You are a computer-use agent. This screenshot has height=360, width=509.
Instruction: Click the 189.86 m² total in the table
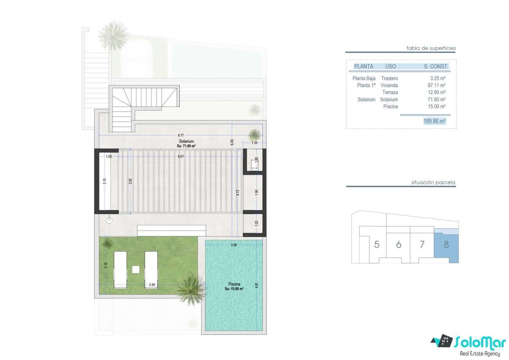point(434,121)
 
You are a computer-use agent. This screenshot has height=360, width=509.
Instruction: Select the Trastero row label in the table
point(389,78)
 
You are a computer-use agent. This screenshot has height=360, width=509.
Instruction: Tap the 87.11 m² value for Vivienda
point(437,85)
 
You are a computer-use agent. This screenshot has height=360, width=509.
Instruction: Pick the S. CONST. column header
point(436,67)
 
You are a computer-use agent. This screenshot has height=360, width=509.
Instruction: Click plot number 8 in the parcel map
point(446,245)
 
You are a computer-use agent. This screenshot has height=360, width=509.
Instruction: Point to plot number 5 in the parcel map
point(377,245)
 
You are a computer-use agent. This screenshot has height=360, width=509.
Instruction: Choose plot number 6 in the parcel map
point(399,245)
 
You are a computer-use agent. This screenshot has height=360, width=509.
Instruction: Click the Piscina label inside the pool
point(234,284)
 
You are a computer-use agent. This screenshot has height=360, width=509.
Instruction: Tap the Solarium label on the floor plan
point(186,141)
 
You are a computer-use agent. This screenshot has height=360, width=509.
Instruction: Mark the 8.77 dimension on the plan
point(181,135)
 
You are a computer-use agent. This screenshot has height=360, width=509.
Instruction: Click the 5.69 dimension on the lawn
point(152,284)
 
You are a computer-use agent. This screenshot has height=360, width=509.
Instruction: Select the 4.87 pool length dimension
point(256,285)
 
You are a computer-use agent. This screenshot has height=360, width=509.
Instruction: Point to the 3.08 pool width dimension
point(234,245)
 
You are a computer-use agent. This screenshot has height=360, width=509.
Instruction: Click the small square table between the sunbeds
point(135,269)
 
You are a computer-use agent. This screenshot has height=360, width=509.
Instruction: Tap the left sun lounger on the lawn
point(120,270)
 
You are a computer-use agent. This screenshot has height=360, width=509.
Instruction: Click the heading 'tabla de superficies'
point(431,48)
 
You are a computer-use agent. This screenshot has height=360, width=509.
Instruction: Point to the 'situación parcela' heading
point(433,182)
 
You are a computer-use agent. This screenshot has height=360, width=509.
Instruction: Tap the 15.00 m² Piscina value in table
point(437,106)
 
